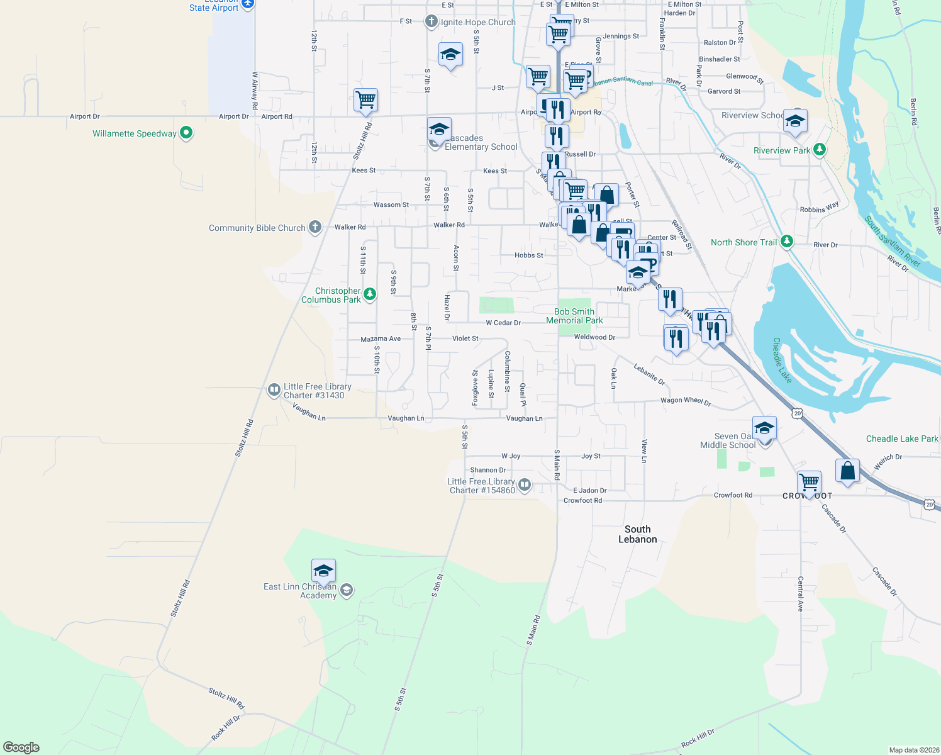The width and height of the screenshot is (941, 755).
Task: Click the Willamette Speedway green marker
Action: pyautogui.click(x=186, y=133)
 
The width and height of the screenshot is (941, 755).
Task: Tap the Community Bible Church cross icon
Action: pyautogui.click(x=315, y=228)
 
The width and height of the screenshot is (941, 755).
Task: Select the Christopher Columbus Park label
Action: pyautogui.click(x=331, y=295)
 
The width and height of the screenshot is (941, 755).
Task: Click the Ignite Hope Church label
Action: pyautogui.click(x=478, y=22)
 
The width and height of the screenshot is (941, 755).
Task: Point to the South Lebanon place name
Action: pyautogui.click(x=637, y=534)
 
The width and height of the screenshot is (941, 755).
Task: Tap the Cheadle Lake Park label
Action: pyautogui.click(x=901, y=439)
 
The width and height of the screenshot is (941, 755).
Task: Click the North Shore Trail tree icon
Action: pyautogui.click(x=786, y=242)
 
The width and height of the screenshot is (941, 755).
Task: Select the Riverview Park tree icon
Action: pyautogui.click(x=819, y=150)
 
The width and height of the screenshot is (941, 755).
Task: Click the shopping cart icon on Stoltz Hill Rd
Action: pyautogui.click(x=365, y=99)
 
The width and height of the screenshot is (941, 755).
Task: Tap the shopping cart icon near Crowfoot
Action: pyautogui.click(x=808, y=483)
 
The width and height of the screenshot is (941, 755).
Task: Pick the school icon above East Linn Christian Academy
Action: pyautogui.click(x=323, y=571)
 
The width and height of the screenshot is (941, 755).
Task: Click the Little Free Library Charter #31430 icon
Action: pyautogui.click(x=274, y=390)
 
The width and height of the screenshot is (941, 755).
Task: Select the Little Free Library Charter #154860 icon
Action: pyautogui.click(x=525, y=485)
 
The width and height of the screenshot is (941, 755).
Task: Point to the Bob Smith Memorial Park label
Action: pyautogui.click(x=574, y=316)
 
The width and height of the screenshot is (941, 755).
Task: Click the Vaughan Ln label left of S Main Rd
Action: pyautogui.click(x=524, y=418)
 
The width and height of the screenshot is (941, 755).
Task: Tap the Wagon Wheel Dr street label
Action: pyautogui.click(x=686, y=401)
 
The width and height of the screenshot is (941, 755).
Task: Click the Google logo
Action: pyautogui.click(x=21, y=747)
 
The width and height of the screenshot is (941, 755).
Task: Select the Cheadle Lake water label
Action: pyautogui.click(x=782, y=360)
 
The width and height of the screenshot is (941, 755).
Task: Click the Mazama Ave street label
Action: pyautogui.click(x=380, y=339)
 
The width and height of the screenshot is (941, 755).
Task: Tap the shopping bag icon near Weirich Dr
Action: pyautogui.click(x=847, y=471)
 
